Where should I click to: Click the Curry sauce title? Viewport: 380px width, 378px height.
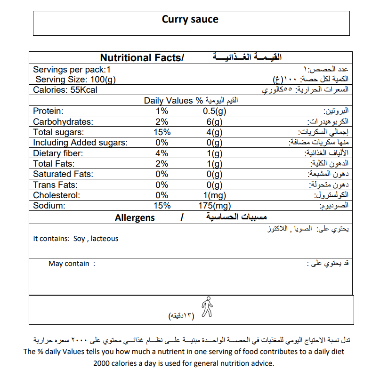(190, 19)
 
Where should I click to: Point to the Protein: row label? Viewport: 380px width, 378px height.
(48, 111)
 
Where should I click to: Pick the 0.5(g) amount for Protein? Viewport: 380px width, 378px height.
(215, 111)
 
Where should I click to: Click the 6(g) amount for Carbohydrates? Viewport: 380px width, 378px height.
(214, 121)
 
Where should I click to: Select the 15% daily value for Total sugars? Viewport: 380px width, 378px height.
(162, 132)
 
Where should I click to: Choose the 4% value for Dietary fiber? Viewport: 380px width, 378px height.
(162, 153)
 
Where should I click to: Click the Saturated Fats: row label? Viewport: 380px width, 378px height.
(63, 174)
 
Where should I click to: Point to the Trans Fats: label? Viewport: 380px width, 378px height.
(55, 185)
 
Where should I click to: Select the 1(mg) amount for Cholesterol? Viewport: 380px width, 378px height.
(215, 195)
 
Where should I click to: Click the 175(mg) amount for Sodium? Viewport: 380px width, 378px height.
(215, 206)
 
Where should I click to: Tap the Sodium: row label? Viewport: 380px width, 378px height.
(49, 206)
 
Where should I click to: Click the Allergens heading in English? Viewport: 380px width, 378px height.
(135, 217)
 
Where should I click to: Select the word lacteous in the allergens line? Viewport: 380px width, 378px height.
(105, 239)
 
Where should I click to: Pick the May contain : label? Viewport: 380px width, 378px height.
(72, 264)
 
